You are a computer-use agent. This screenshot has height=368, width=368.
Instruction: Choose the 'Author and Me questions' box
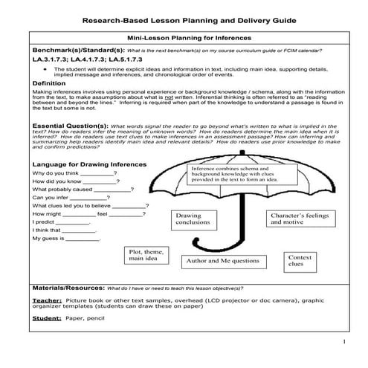pos(222,262)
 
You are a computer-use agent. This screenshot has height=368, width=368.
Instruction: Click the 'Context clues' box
pos(295,259)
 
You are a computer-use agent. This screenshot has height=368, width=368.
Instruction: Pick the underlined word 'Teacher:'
pos(47,301)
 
